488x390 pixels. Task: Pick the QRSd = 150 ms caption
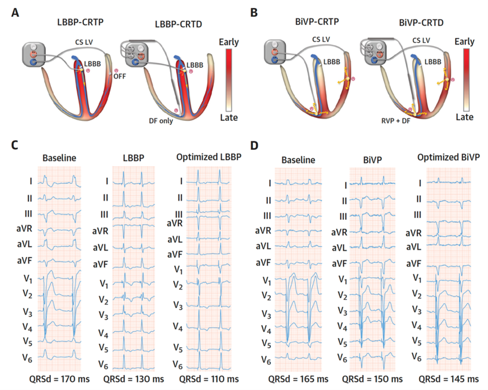[373, 379]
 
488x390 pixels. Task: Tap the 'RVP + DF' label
[398, 122]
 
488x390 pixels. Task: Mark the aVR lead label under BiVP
[342, 230]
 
